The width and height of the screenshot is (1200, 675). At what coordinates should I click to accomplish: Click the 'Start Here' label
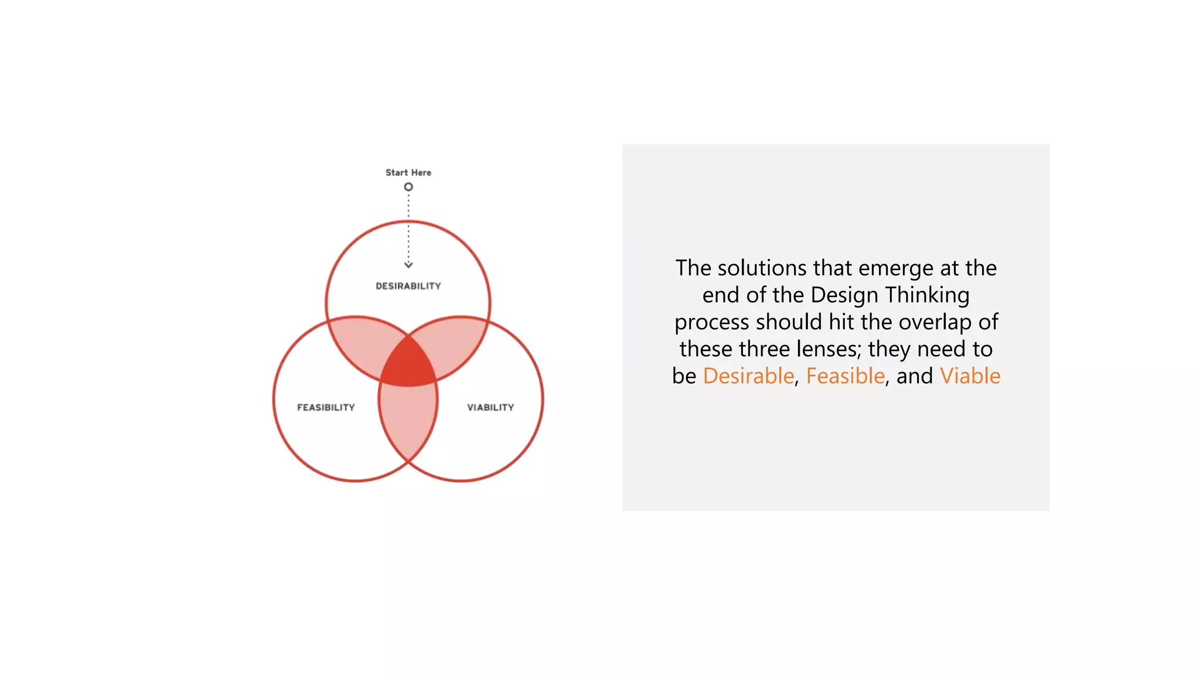(x=408, y=172)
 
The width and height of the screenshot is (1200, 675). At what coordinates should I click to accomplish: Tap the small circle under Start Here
(x=408, y=187)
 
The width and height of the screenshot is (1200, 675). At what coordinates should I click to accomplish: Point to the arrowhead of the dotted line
(x=408, y=265)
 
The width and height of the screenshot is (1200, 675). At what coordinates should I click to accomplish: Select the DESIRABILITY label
(x=408, y=286)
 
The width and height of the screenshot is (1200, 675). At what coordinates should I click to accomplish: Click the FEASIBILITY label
(x=326, y=407)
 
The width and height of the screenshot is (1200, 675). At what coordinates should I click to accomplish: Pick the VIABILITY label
(x=490, y=407)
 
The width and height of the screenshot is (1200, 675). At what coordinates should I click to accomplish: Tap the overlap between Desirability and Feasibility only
(x=363, y=346)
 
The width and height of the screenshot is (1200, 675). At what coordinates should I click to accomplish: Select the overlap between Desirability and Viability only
(x=454, y=346)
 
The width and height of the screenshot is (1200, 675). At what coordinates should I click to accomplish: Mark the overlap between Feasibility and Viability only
(x=408, y=422)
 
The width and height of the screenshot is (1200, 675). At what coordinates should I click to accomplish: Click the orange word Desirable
(x=748, y=376)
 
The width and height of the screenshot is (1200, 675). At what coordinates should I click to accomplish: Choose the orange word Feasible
(x=845, y=376)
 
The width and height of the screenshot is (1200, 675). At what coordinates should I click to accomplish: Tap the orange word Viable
(x=970, y=376)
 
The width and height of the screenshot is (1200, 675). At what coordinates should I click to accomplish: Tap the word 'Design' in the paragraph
(x=844, y=295)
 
